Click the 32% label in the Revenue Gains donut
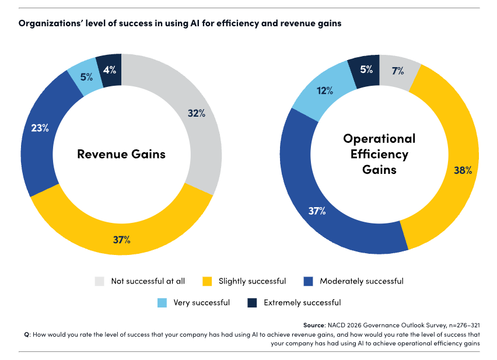(197, 113)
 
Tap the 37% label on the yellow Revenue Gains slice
(121, 240)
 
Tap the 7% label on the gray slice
(398, 71)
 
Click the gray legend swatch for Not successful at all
(100, 281)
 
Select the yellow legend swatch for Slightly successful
(208, 281)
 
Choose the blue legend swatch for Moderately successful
(309, 281)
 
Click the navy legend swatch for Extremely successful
(253, 303)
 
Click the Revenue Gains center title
(121, 154)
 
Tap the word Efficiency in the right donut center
(379, 154)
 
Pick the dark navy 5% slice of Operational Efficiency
(365, 70)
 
